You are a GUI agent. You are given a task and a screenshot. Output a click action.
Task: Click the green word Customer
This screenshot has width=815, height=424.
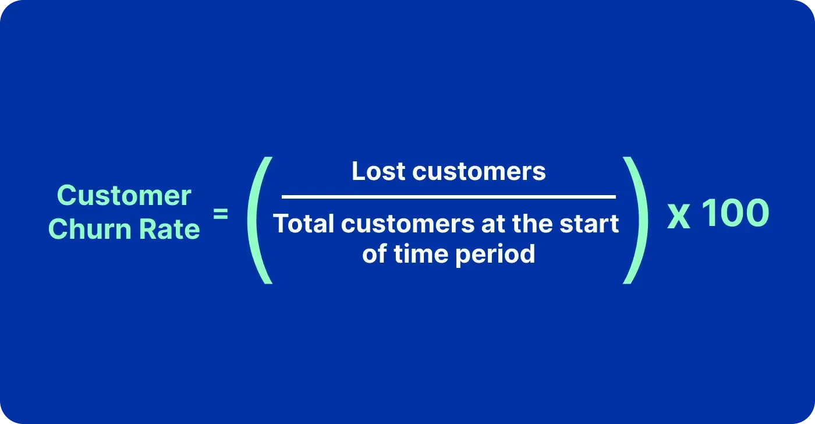pos(124,196)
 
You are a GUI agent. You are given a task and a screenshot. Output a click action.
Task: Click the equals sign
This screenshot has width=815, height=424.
pos(221,214)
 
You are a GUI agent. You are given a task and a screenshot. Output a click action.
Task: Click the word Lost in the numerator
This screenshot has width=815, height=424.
pos(378,171)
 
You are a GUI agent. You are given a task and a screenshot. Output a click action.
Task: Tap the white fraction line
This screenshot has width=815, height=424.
pos(448,197)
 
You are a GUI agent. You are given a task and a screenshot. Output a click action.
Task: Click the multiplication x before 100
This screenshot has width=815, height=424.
pos(678,215)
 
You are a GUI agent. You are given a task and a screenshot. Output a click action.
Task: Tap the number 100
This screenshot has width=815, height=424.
pos(735,214)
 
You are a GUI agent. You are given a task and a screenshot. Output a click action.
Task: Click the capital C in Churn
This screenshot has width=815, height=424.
pos(59,229)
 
